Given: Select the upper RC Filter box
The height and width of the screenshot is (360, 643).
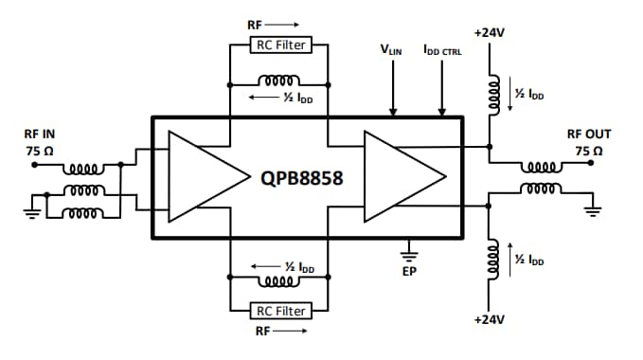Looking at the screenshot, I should pyautogui.click(x=278, y=45).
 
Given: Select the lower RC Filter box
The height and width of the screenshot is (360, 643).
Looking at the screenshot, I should pyautogui.click(x=278, y=311).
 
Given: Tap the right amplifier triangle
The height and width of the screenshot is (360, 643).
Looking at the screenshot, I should pyautogui.click(x=402, y=176).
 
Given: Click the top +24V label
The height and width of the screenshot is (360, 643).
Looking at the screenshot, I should pyautogui.click(x=490, y=33).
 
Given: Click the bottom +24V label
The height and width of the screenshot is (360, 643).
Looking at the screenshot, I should pyautogui.click(x=490, y=319).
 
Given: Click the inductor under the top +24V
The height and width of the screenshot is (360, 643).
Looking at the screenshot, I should pyautogui.click(x=491, y=95).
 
